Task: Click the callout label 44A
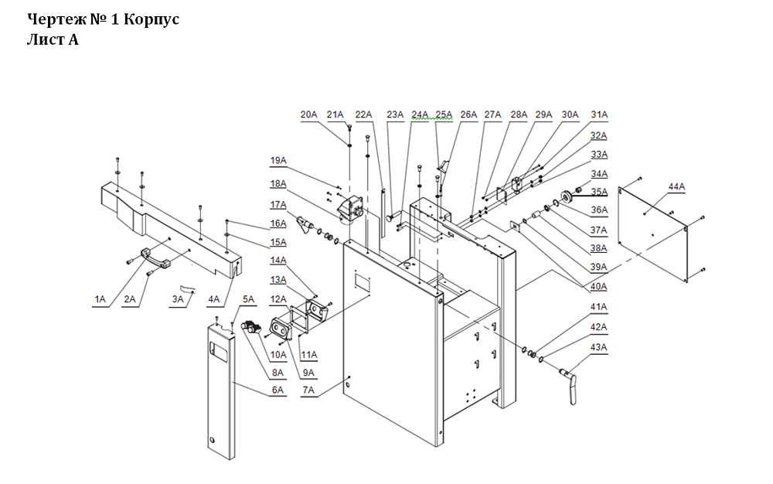(676, 187)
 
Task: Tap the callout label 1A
(100, 298)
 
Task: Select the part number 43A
(598, 346)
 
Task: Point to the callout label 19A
(278, 161)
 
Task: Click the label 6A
(278, 391)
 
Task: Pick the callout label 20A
(309, 114)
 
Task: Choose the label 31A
(599, 114)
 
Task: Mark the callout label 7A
(308, 391)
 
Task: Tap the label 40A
(598, 287)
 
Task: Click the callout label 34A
(599, 174)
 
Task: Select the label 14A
(278, 260)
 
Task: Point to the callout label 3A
(178, 298)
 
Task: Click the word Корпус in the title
(151, 19)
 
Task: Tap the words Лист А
(53, 39)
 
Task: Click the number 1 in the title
(115, 19)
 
